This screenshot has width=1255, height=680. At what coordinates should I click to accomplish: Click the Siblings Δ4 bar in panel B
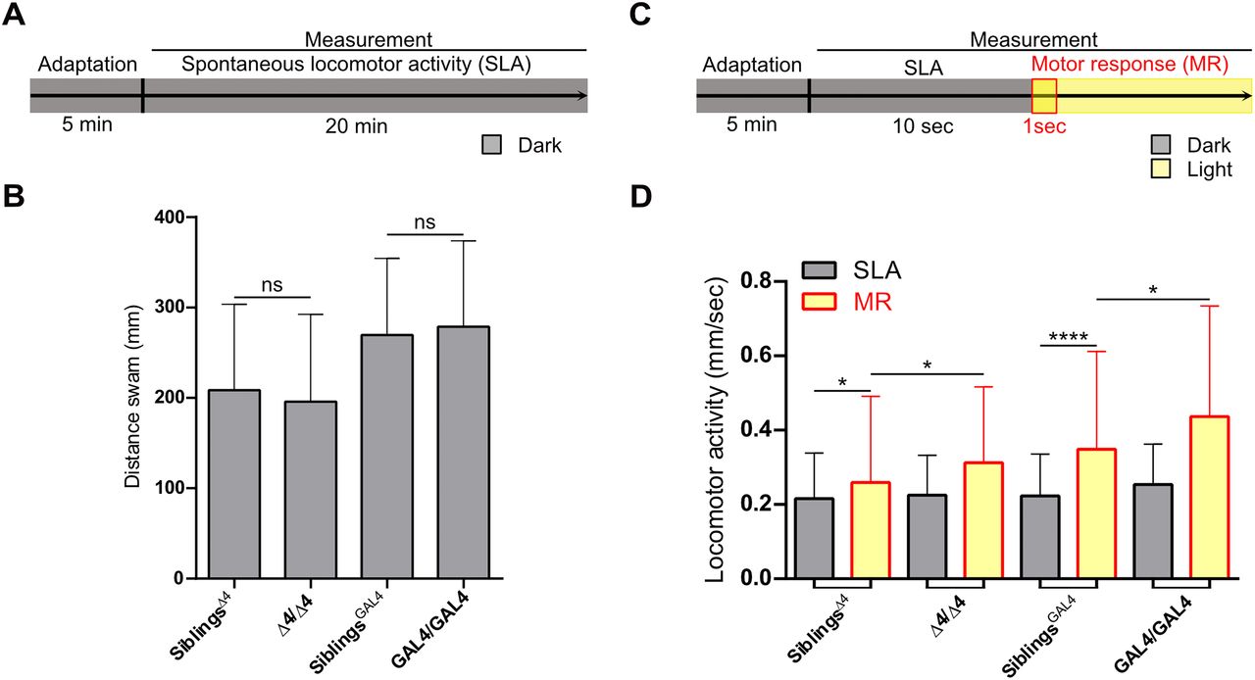point(234,484)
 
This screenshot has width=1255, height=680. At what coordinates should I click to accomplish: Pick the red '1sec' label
point(1044,125)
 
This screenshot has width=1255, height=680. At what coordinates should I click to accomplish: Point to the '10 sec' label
point(920,125)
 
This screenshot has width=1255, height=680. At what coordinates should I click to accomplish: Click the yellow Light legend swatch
point(1163,169)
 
